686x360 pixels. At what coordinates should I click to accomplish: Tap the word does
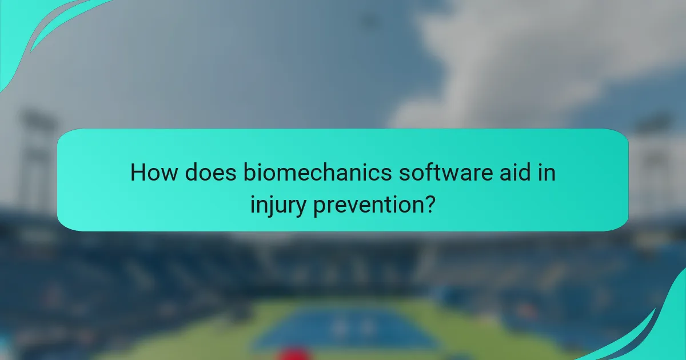click(x=201, y=173)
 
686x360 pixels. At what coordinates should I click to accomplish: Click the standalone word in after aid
click(x=544, y=173)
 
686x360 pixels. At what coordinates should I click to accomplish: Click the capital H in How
click(x=138, y=173)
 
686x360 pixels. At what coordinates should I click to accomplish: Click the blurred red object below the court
click(x=295, y=353)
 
